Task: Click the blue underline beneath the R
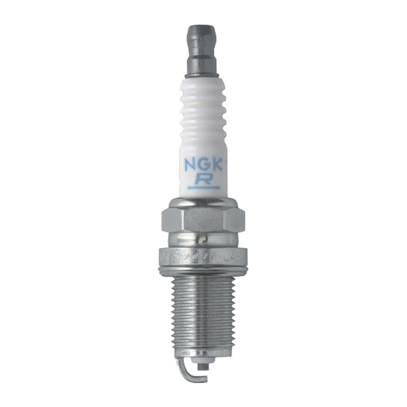(x=204, y=187)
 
